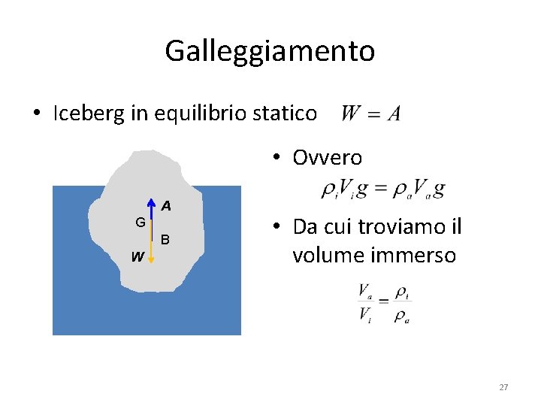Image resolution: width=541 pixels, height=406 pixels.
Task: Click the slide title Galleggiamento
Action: [x=270, y=52]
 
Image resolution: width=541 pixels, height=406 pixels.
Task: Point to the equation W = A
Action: [x=370, y=114]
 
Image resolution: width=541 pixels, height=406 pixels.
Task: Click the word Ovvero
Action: [x=327, y=158]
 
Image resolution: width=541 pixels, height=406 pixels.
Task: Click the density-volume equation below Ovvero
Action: [x=382, y=189]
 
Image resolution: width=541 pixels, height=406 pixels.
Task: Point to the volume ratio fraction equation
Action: [x=384, y=302]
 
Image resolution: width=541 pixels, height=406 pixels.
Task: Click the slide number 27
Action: [x=503, y=387]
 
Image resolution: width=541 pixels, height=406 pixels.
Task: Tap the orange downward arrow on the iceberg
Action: [x=151, y=248]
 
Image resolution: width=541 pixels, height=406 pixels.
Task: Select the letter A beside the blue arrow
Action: [x=165, y=205]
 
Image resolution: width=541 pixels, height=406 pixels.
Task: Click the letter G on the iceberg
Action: [x=140, y=223]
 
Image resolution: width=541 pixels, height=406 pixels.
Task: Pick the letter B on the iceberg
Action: [x=165, y=240]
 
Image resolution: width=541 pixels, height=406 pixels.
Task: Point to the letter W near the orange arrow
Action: [x=137, y=257]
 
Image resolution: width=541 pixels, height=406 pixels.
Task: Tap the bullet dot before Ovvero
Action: [x=277, y=158]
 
